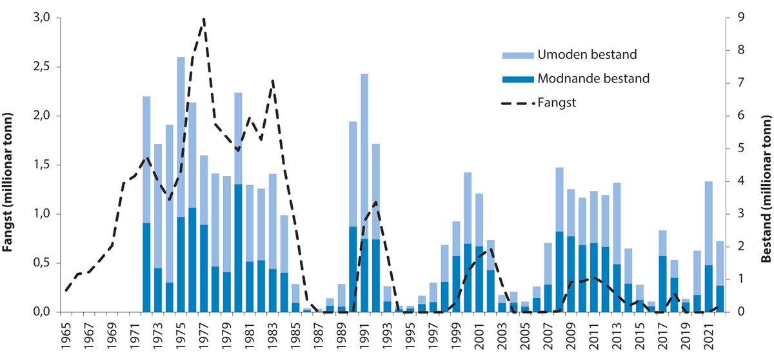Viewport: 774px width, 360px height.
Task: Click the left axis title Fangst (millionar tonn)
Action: click(10, 175)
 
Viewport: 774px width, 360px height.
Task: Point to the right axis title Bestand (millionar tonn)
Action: click(766, 175)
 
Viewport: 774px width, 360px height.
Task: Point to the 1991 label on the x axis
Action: click(364, 336)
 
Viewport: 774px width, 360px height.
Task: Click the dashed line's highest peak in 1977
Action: click(204, 19)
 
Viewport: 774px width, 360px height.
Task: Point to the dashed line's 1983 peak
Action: click(273, 81)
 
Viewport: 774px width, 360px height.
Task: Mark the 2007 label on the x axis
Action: click(548, 336)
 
